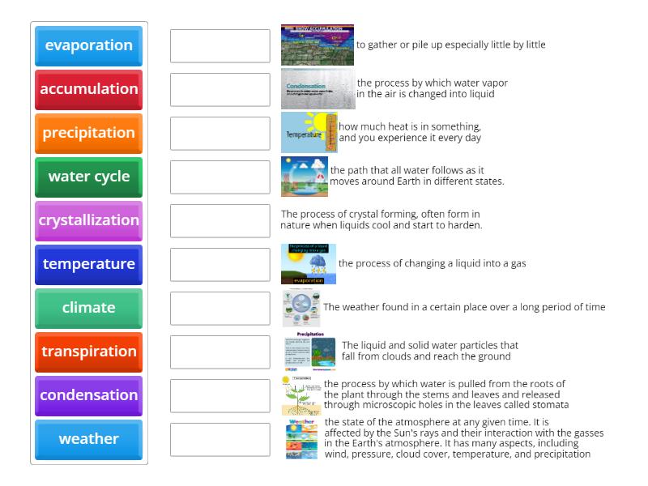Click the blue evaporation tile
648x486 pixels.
tap(88, 45)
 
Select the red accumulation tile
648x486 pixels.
tap(88, 89)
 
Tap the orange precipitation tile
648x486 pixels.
tap(88, 133)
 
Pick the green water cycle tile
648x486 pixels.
tap(88, 177)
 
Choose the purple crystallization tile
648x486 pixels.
tap(88, 220)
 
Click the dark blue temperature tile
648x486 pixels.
tap(88, 264)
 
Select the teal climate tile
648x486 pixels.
tap(88, 308)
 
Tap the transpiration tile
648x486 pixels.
tap(88, 352)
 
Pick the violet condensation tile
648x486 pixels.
tap(88, 395)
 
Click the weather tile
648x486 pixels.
tap(88, 439)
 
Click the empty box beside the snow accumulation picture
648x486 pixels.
tap(220, 45)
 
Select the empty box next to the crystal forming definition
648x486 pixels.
tap(220, 220)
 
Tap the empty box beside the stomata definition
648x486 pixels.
tap(220, 395)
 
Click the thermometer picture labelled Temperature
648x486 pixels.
tap(309, 133)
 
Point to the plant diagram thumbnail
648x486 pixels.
tap(301, 395)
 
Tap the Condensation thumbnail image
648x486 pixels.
tap(318, 89)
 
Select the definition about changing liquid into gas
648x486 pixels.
tap(432, 263)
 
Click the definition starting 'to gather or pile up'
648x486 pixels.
tap(450, 45)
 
